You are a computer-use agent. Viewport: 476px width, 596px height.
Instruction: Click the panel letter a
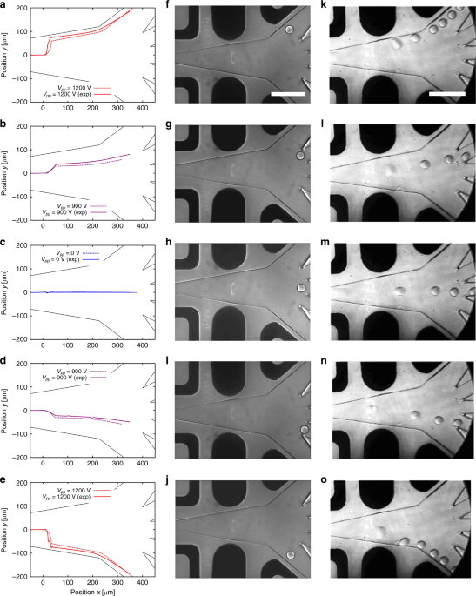pos(4,6)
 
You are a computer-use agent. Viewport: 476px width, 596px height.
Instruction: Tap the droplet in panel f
pos(290,30)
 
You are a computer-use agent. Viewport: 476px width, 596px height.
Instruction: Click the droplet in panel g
pos(300,156)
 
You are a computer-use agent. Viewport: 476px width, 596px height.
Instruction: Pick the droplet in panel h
pos(301,287)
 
